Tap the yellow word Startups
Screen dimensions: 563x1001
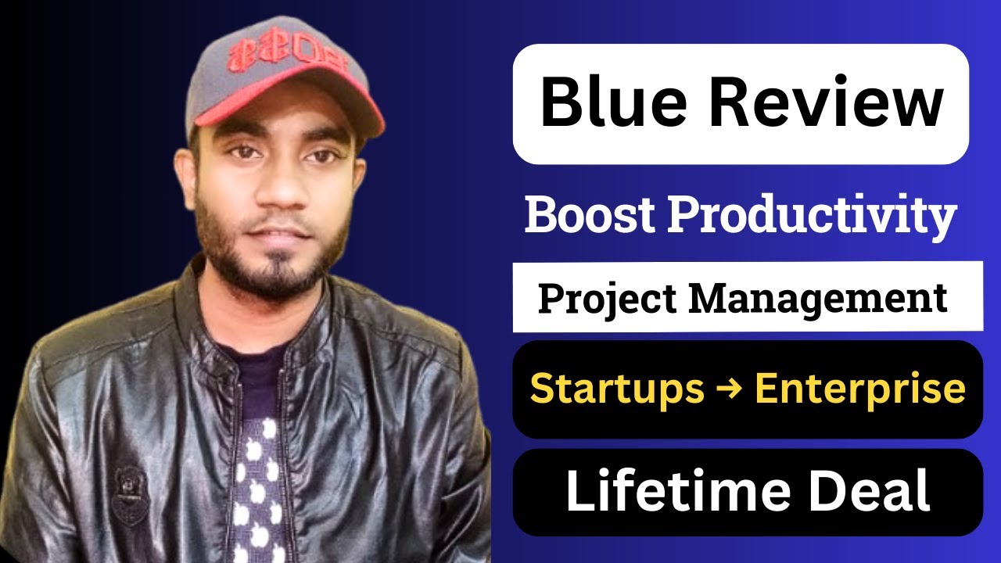pyautogui.click(x=617, y=389)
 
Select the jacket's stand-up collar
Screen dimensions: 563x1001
pyautogui.click(x=203, y=305)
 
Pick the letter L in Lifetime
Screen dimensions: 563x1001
pyautogui.click(x=578, y=491)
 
